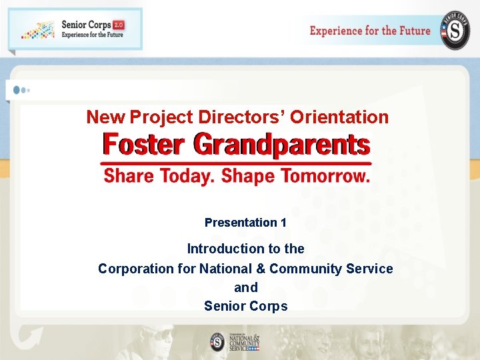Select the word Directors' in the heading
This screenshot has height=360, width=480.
pyautogui.click(x=241, y=117)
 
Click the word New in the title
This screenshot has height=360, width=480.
pyautogui.click(x=105, y=117)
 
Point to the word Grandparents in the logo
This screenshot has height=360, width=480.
pyautogui.click(x=281, y=145)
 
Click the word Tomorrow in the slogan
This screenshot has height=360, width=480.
pyautogui.click(x=325, y=176)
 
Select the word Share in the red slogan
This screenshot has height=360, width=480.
pyautogui.click(x=127, y=176)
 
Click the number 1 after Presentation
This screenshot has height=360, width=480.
pyautogui.click(x=283, y=223)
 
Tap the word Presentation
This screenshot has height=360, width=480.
pyautogui.click(x=241, y=223)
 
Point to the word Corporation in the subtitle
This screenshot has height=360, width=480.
pyautogui.click(x=138, y=269)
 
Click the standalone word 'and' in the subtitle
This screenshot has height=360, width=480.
pyautogui.click(x=245, y=287)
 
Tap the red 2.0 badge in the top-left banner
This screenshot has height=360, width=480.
pyautogui.click(x=118, y=25)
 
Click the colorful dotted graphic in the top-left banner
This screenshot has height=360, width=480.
pyautogui.click(x=37, y=30)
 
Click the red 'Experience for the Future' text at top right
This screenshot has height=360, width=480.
pyautogui.click(x=370, y=31)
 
